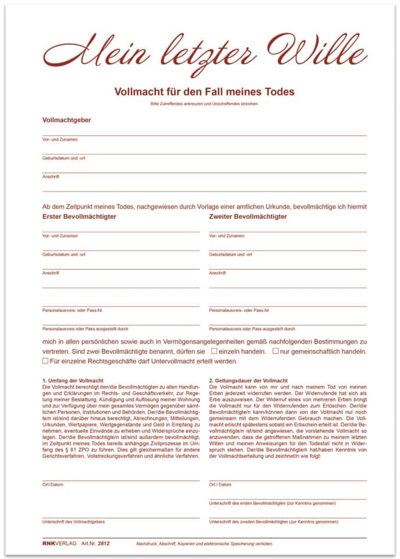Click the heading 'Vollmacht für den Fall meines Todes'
[x=204, y=91]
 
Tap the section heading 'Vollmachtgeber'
[x=66, y=121]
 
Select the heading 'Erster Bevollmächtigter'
[x=79, y=217]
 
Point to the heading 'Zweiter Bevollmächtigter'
[x=248, y=217]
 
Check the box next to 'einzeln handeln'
[x=214, y=352]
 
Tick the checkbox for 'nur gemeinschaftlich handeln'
[x=275, y=352]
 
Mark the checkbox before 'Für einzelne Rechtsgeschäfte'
[x=45, y=361]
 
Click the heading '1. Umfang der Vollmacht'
[x=73, y=380]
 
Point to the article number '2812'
[x=104, y=543]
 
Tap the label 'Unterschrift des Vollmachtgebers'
[x=73, y=522]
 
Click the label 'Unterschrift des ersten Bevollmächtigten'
[x=272, y=503]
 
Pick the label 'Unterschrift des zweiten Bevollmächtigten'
[x=274, y=522]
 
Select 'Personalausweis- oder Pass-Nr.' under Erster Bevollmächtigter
[x=73, y=310]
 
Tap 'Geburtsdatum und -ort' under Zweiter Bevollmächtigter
[x=231, y=254]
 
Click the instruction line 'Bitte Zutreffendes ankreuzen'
[x=204, y=104]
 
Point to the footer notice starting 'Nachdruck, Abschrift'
[x=204, y=543]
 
